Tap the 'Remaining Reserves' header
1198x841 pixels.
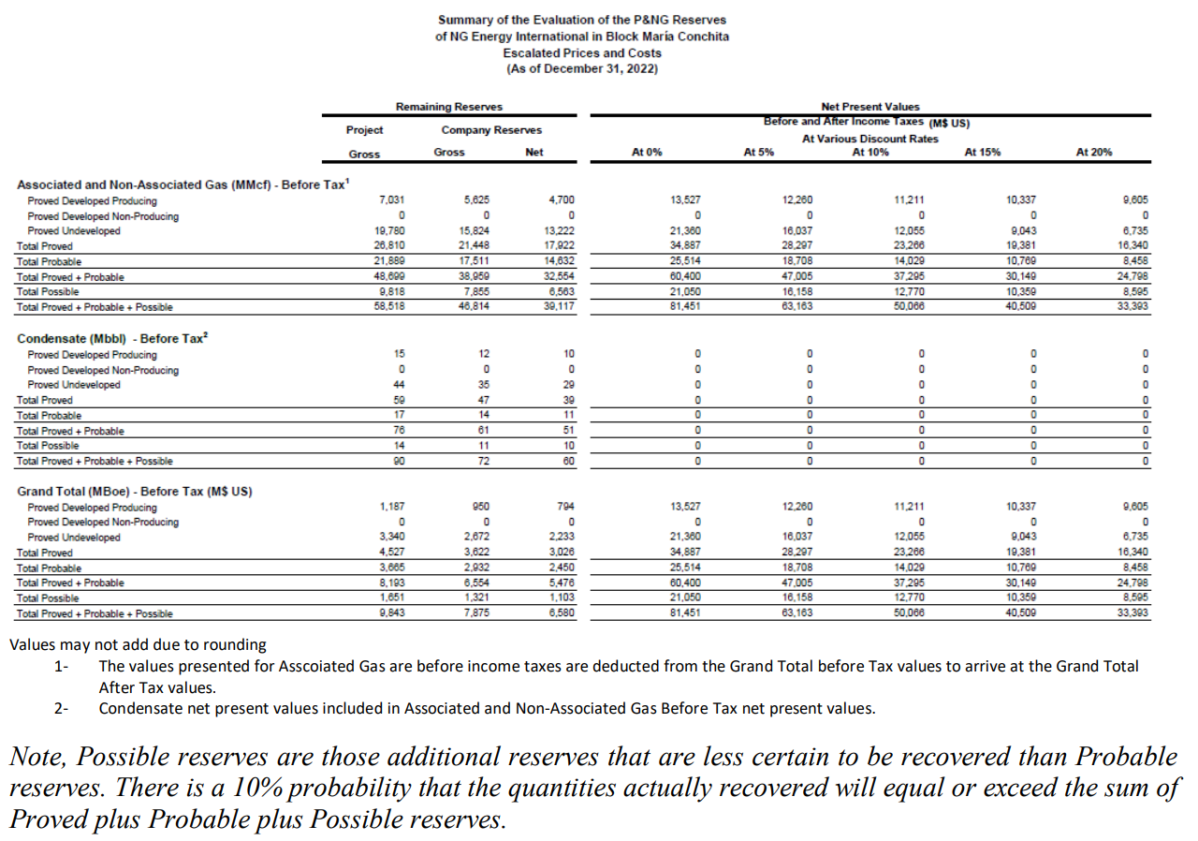[x=449, y=108]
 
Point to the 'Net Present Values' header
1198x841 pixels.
[x=869, y=108]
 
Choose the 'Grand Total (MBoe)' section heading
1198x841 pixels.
[x=135, y=491]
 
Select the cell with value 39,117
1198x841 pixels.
[x=559, y=307]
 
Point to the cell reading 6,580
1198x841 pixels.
[x=561, y=613]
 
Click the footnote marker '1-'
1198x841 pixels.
[x=62, y=666]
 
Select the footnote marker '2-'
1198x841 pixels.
[x=62, y=708]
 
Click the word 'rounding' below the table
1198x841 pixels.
[x=239, y=644]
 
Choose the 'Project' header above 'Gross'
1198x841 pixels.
[x=365, y=130]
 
